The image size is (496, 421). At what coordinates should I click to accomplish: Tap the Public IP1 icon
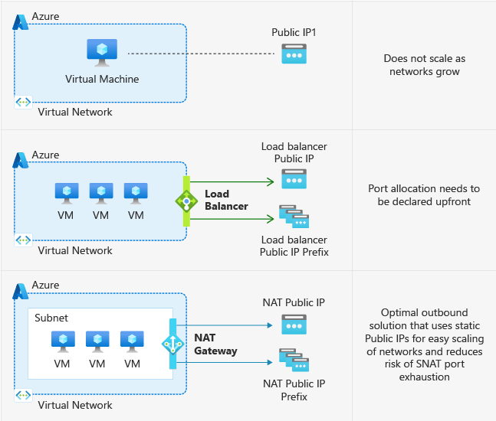tap(294, 54)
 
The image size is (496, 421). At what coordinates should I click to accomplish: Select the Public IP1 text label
tap(294, 32)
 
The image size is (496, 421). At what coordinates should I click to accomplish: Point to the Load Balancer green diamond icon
tap(186, 201)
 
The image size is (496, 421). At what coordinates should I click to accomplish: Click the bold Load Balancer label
tap(226, 200)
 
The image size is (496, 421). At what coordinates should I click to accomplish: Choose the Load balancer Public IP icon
tap(294, 179)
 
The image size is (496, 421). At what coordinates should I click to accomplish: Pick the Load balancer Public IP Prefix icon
tap(294, 217)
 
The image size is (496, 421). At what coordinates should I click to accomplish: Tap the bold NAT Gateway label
tap(215, 344)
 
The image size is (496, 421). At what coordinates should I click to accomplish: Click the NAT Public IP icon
tap(294, 325)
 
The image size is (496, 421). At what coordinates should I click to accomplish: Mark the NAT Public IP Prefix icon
tap(294, 361)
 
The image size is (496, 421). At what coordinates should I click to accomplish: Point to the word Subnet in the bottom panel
tap(51, 317)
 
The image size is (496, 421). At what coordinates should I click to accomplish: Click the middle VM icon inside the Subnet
tap(97, 341)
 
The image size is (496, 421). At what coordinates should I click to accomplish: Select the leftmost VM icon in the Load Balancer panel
tap(66, 193)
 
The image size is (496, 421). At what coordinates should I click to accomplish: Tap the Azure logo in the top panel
tap(21, 22)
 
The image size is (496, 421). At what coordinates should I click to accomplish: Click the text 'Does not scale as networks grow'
tap(424, 64)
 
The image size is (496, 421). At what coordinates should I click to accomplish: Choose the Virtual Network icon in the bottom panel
tap(23, 395)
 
